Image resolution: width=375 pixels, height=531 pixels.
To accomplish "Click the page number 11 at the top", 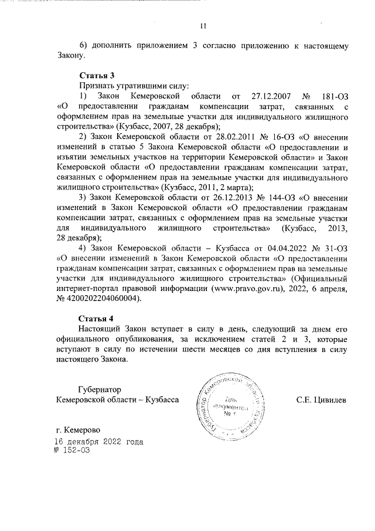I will coord(203,26).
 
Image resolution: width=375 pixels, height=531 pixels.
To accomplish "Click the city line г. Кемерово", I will coord(77,429).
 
